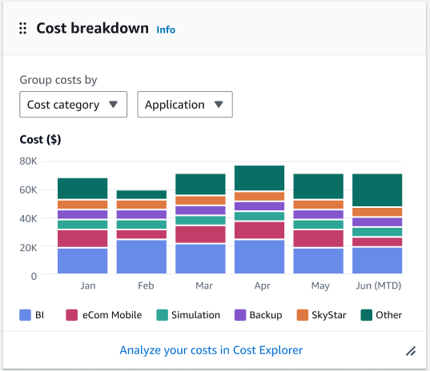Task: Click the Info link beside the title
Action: (x=166, y=30)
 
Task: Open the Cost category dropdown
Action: (x=73, y=105)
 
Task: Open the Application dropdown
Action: (x=185, y=105)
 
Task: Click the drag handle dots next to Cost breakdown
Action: (x=22, y=29)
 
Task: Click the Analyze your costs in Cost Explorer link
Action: (x=211, y=350)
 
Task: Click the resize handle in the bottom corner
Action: (x=411, y=350)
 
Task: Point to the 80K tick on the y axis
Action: (x=28, y=161)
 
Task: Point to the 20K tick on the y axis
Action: (x=28, y=247)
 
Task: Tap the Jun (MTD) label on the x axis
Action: (x=377, y=285)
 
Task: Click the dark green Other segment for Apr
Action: (x=259, y=178)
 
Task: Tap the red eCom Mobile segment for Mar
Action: (x=200, y=234)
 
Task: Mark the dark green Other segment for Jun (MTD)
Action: (x=377, y=189)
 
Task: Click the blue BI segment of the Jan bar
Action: (x=82, y=261)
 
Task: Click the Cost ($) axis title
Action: (x=40, y=140)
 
